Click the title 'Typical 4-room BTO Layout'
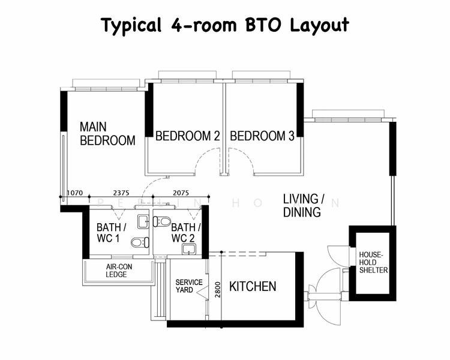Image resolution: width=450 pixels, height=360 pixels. point(224,25)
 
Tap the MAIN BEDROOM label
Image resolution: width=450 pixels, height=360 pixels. point(107,134)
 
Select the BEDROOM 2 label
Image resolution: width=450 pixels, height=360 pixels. point(187,136)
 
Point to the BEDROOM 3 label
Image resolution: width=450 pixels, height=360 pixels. point(262,136)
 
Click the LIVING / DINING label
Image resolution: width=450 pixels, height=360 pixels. point(304,205)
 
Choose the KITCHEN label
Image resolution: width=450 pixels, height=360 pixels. point(253,286)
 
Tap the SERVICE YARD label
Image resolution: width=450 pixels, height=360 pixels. point(188,286)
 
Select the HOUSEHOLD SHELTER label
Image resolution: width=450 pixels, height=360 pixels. point(373,262)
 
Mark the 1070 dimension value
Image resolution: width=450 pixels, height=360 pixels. point(74,193)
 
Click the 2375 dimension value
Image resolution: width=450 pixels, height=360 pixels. point(121,193)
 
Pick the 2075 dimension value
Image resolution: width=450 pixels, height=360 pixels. point(181,193)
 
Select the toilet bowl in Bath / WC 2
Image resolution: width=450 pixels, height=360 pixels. point(163,221)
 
